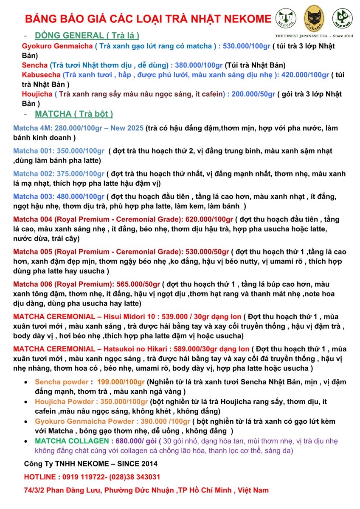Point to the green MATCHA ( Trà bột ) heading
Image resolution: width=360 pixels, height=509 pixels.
click(74, 114)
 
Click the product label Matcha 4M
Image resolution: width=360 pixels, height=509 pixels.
click(31, 128)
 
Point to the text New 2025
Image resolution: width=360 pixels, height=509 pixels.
click(127, 128)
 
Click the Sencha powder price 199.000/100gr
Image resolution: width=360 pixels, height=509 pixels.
click(121, 382)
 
